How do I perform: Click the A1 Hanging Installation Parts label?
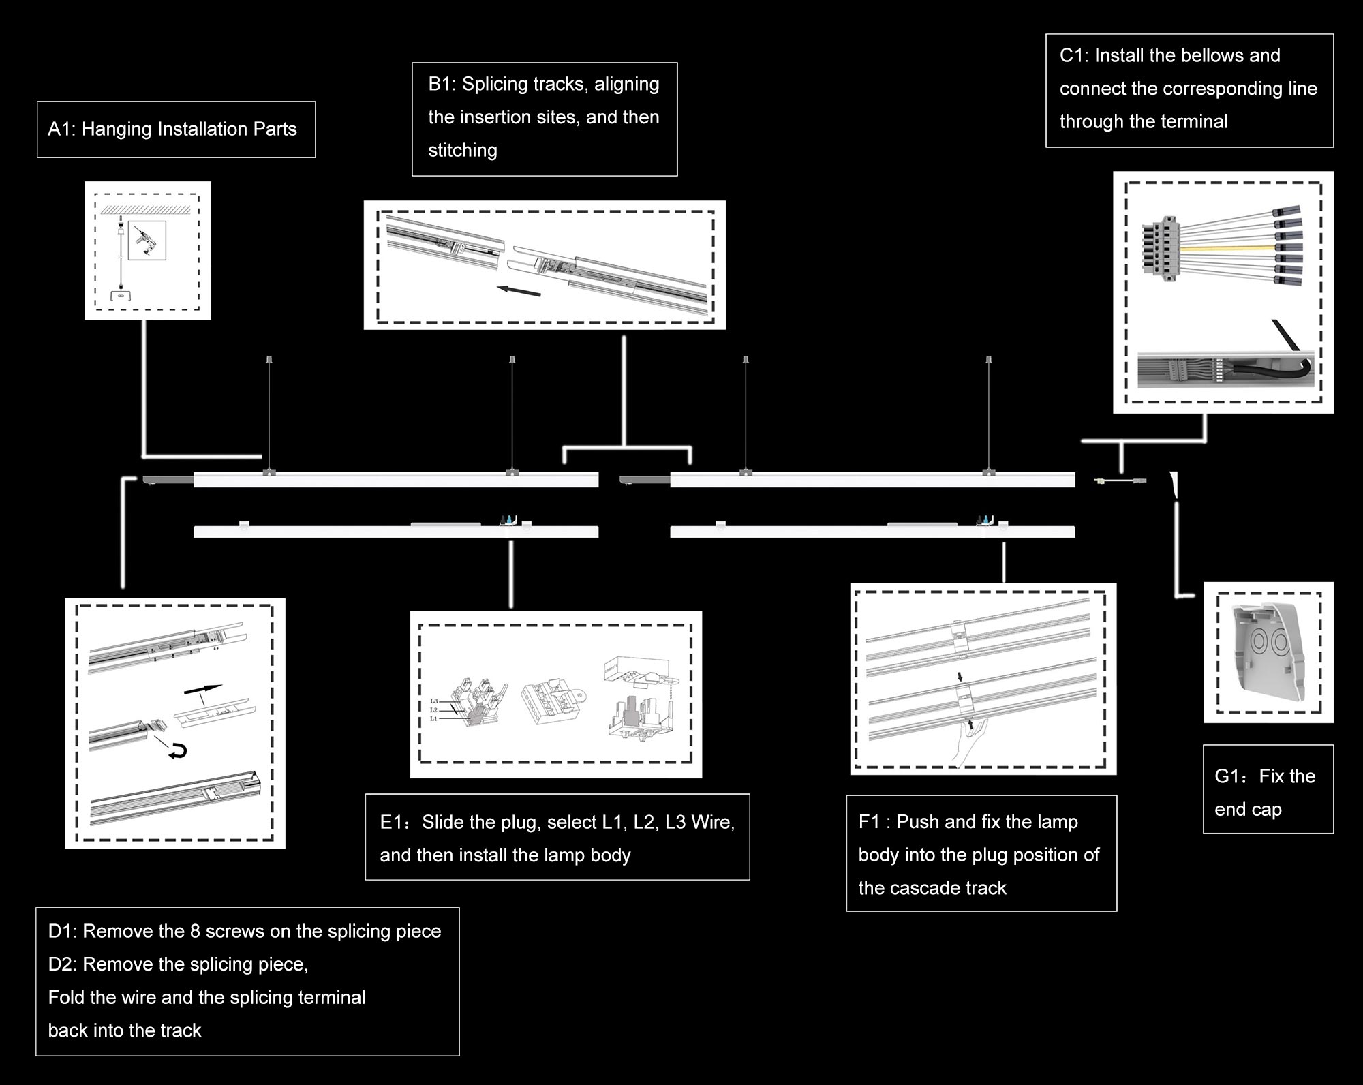(172, 129)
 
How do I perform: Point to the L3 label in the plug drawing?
(433, 701)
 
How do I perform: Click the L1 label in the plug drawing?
(433, 718)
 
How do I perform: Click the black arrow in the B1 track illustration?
(519, 291)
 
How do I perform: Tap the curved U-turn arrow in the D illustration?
(178, 751)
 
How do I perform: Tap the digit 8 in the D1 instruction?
(194, 931)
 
